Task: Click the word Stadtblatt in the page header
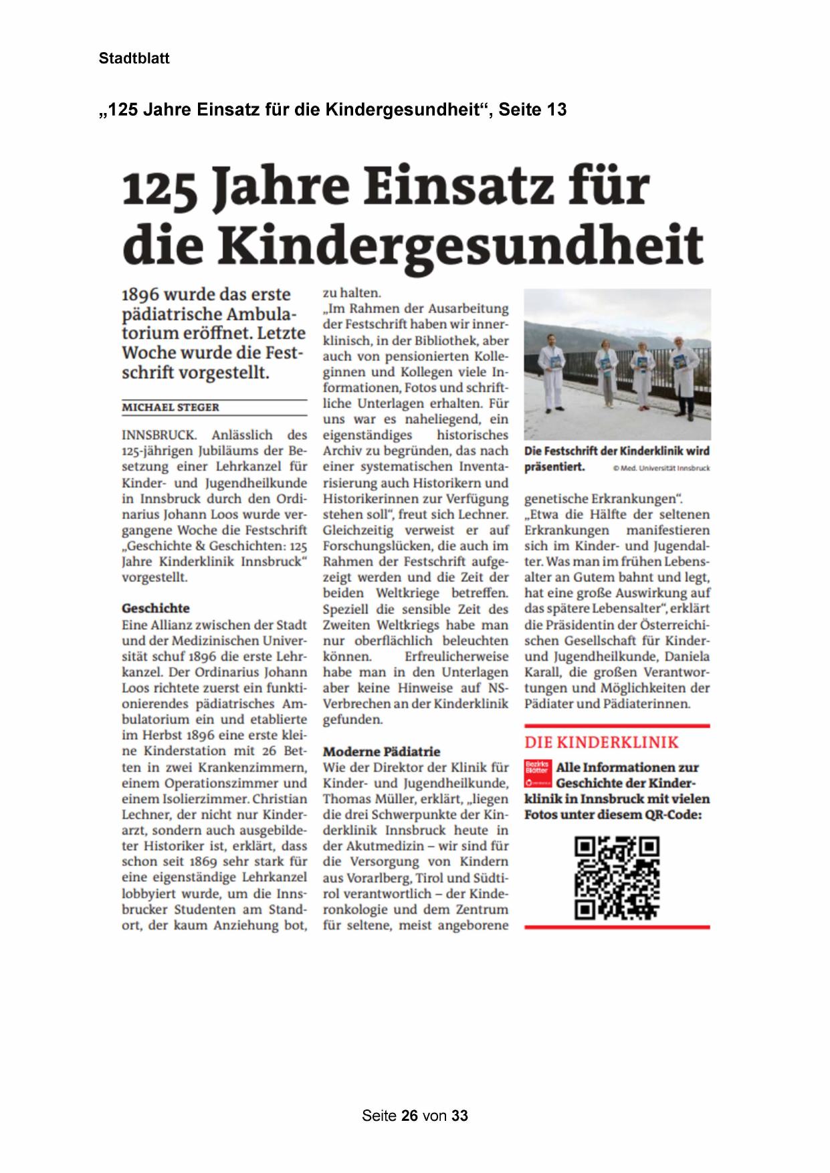tap(134, 58)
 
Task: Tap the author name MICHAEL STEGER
tap(171, 407)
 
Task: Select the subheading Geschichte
tap(155, 608)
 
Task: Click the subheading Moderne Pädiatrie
tap(381, 751)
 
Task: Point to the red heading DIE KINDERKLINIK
tap(601, 742)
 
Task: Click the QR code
tap(617, 877)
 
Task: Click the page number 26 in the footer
tap(410, 1115)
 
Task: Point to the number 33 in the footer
tap(459, 1115)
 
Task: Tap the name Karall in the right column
tap(543, 672)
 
